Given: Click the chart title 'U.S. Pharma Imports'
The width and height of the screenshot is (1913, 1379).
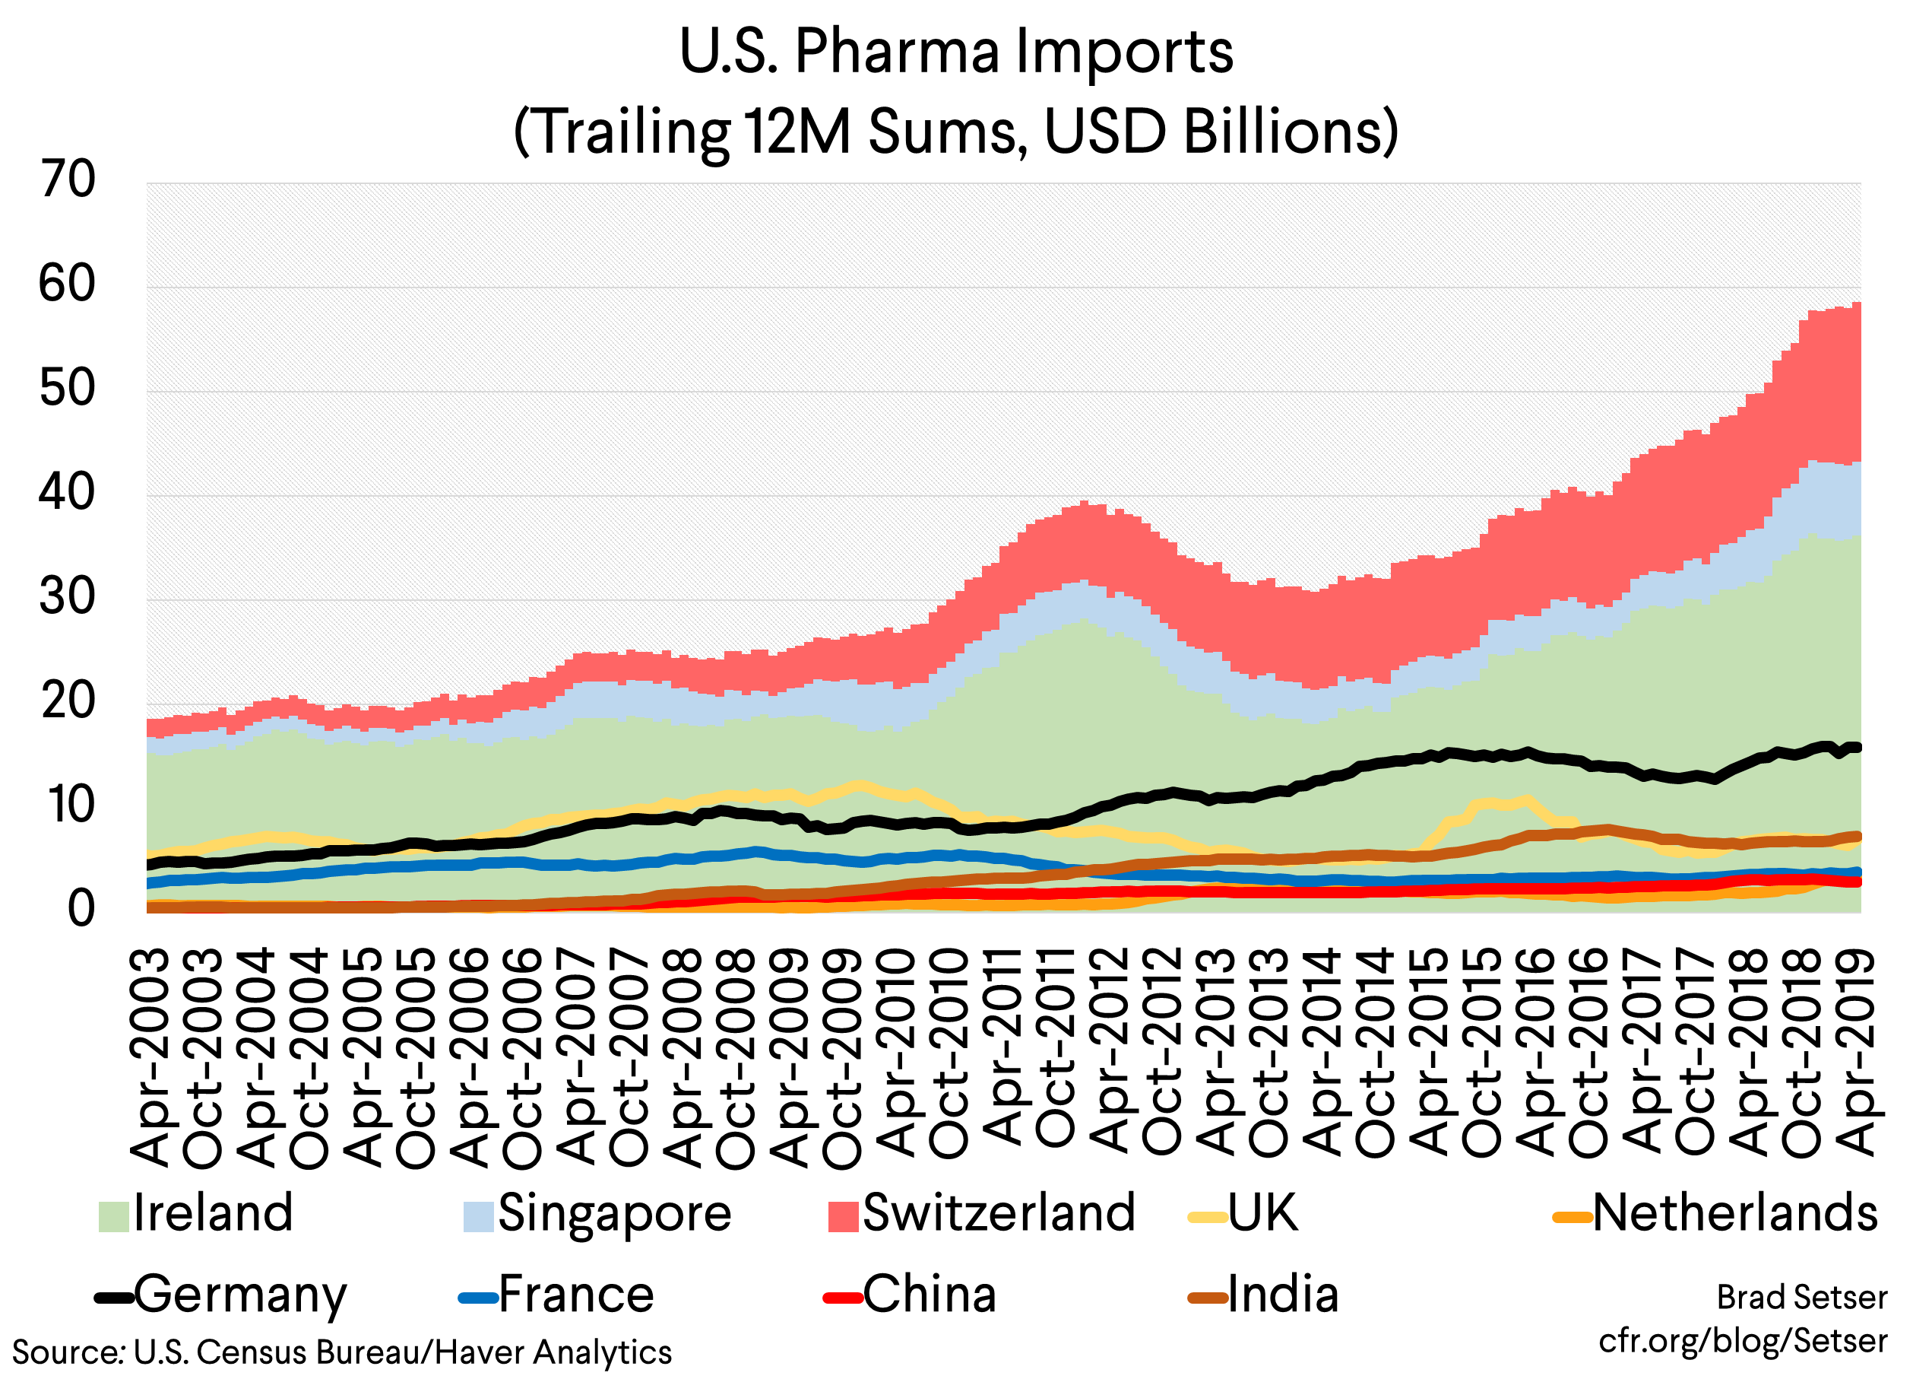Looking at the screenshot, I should (955, 52).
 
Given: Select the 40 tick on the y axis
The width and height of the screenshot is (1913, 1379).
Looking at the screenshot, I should (68, 493).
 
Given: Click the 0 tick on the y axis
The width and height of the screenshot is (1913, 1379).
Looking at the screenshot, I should (81, 910).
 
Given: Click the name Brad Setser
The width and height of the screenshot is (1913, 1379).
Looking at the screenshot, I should (1802, 1298).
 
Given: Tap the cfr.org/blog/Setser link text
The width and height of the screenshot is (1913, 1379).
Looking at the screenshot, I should (1743, 1341).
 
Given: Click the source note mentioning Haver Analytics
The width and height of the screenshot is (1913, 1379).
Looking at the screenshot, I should (341, 1352).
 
